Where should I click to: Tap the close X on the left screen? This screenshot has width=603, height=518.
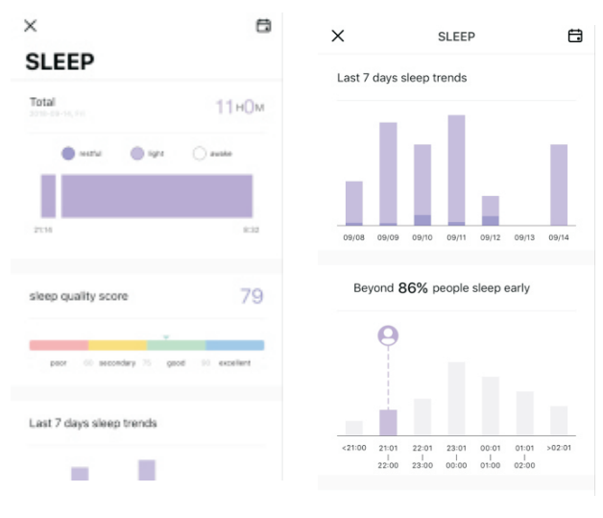[31, 26]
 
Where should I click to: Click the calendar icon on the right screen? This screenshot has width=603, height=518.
[575, 36]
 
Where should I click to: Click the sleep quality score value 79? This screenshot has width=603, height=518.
[252, 296]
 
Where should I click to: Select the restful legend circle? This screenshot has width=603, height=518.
[68, 153]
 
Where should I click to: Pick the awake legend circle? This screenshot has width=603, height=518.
[200, 153]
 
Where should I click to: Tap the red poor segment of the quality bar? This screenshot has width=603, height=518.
[59, 345]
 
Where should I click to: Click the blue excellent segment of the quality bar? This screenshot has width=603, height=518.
[234, 345]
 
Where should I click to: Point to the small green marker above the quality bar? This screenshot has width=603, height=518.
[166, 336]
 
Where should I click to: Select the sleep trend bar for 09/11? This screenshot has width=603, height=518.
[456, 170]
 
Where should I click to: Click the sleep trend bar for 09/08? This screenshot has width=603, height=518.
[354, 203]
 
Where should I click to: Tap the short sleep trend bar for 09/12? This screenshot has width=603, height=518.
[491, 210]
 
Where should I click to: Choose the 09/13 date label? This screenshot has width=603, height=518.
[524, 236]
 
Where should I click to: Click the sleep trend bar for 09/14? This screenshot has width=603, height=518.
[559, 185]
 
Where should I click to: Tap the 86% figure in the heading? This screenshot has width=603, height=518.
[413, 287]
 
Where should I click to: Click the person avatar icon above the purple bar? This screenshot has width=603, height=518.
[388, 335]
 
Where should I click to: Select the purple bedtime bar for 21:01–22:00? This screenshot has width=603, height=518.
[388, 423]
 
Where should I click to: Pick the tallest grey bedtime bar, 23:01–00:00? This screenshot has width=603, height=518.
[456, 399]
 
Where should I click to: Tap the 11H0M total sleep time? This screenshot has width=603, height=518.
[239, 107]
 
